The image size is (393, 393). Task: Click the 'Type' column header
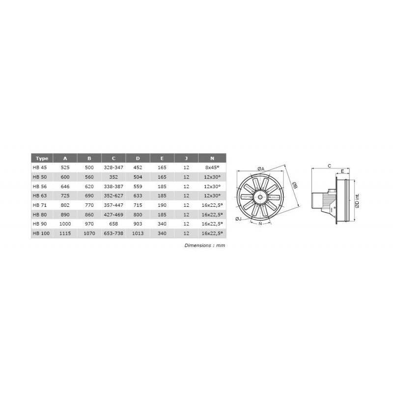[x=42, y=158]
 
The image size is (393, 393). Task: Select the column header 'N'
[x=212, y=158]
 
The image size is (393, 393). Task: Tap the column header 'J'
[x=186, y=158]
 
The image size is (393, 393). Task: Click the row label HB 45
[x=39, y=168]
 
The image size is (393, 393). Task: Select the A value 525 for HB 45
[x=65, y=168]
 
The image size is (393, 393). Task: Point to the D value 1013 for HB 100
[x=138, y=233]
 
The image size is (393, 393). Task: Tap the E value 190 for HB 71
[x=162, y=205]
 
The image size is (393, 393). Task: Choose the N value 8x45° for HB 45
[x=212, y=168]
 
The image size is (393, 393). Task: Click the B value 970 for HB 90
[x=89, y=224]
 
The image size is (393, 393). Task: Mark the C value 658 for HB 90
[x=113, y=224]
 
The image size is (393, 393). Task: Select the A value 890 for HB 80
[x=65, y=214]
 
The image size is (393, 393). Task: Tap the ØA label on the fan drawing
[x=260, y=168]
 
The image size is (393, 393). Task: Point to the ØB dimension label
[x=294, y=185]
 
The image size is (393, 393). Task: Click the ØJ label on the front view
[x=238, y=218]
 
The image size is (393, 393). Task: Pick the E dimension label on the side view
[x=342, y=171]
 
